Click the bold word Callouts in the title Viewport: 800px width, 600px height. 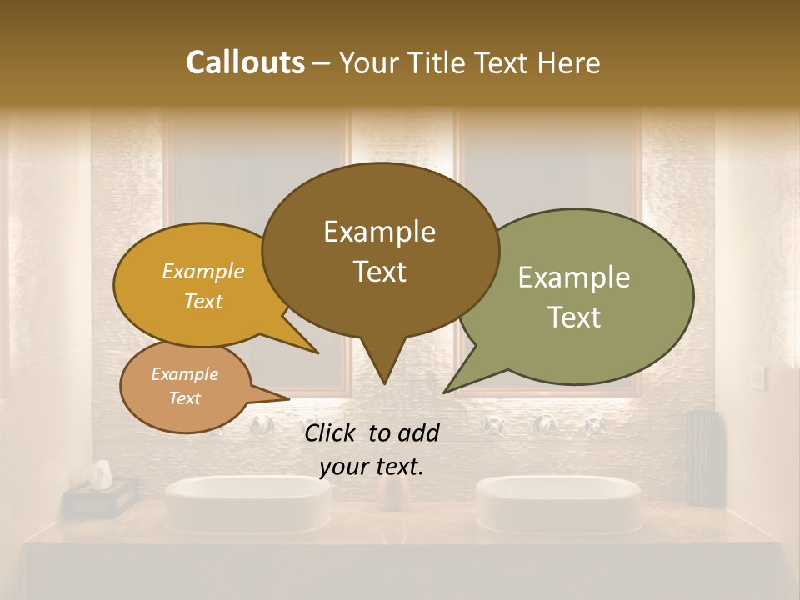coord(245,62)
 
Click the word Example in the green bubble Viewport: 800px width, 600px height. coord(573,277)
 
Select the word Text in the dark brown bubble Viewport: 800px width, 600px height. coord(379,272)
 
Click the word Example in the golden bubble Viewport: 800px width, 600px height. coord(203,271)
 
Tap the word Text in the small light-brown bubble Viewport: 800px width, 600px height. coord(184,398)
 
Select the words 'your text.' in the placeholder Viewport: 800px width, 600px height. coord(371,467)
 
